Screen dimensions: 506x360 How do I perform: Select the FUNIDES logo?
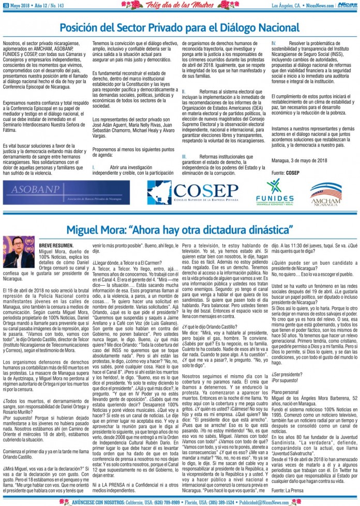point(274,192)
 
